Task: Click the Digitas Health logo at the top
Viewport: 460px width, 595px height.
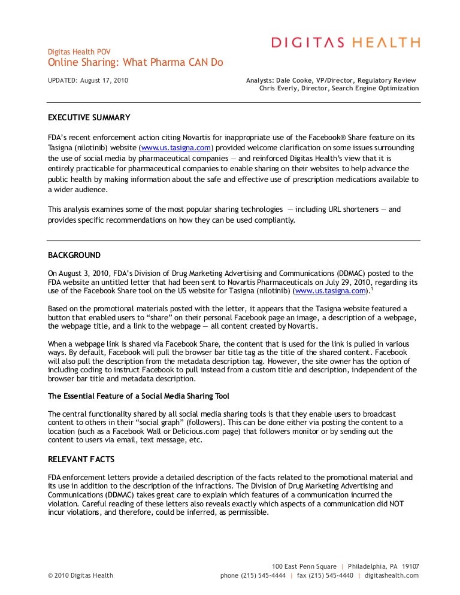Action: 346,42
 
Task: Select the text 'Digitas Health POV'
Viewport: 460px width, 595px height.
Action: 79,51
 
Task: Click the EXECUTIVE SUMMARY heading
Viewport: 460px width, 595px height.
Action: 89,117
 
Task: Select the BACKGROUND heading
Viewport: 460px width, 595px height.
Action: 74,255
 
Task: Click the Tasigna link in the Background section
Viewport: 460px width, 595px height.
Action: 331,291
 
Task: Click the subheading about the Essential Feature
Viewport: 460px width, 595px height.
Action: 138,396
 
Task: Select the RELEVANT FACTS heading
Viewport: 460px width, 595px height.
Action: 80,459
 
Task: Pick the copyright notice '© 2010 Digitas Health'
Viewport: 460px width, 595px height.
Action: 80,576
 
